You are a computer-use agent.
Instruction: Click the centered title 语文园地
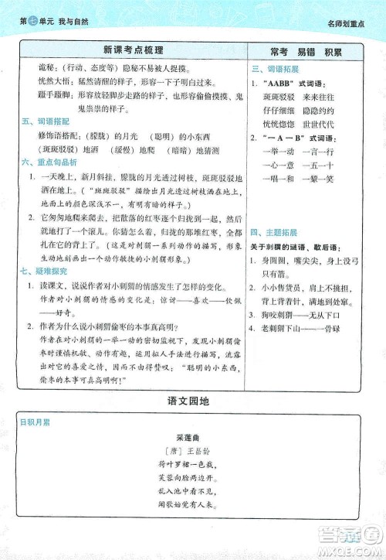coord(193,401)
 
